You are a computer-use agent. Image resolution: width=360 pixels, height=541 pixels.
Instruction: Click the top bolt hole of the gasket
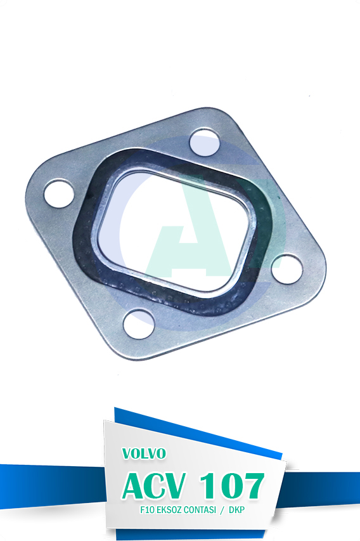point(205,142)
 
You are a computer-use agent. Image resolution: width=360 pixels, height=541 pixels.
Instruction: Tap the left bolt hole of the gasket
point(59,193)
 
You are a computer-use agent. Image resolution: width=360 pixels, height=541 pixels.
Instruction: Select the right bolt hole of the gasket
point(287,269)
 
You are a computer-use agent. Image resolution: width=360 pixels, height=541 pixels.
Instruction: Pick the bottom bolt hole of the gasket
point(139,324)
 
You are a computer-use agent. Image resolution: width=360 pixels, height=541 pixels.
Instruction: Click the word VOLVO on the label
point(144,453)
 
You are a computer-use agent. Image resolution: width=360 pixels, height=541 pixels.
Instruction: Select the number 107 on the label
point(232,486)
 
